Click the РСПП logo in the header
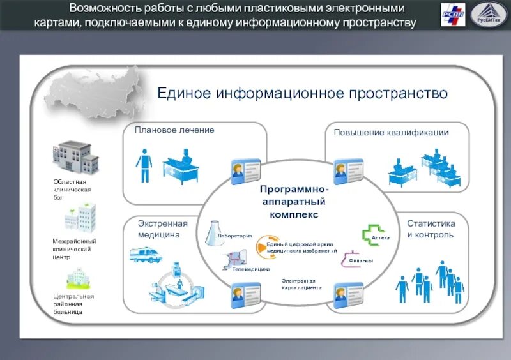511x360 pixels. tap(453, 15)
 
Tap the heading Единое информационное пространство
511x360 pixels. tap(303, 94)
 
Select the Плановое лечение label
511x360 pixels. tap(174, 130)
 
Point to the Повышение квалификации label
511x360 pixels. tap(391, 133)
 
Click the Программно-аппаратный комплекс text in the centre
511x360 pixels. tap(294, 202)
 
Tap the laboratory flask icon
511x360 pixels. tap(213, 234)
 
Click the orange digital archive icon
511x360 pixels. tap(262, 247)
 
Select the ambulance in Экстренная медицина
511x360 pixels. tap(142, 255)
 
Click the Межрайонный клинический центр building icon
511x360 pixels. tap(79, 218)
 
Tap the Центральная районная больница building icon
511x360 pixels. tap(77, 278)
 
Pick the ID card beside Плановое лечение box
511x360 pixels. tap(245, 171)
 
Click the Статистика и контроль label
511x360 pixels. tap(431, 229)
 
